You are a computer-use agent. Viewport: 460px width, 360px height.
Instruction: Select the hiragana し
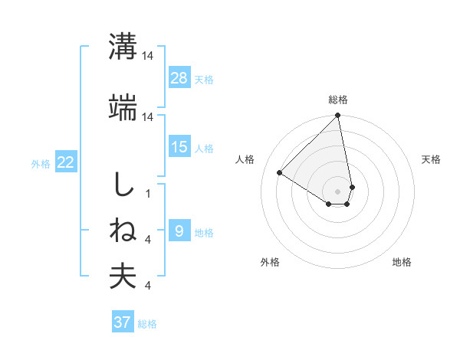click(x=122, y=186)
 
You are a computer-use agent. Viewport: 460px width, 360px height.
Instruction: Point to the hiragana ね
click(x=122, y=231)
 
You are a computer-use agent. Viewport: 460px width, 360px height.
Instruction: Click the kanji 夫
click(x=122, y=277)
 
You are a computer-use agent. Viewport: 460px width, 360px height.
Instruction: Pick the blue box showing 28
click(x=179, y=78)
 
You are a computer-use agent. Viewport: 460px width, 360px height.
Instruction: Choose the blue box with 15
click(x=179, y=147)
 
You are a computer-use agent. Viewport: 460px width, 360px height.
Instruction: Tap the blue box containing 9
click(x=179, y=231)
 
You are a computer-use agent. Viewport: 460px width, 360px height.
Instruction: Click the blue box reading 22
click(x=66, y=162)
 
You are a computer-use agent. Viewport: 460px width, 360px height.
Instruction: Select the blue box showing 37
click(x=123, y=322)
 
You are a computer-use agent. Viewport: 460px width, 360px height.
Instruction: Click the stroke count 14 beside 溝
click(x=148, y=55)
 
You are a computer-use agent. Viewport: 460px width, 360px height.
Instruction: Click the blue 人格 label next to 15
click(x=204, y=148)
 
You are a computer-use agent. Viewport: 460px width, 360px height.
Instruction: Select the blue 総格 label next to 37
click(x=147, y=323)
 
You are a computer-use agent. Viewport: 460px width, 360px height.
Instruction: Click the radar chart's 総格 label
click(x=338, y=100)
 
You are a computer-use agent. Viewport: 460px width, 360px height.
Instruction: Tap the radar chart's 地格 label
click(x=402, y=262)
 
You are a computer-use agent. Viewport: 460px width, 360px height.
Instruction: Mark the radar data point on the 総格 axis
click(x=338, y=116)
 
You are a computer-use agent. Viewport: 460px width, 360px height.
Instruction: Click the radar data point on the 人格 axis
click(x=280, y=173)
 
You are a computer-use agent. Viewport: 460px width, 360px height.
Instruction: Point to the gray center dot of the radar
click(x=338, y=191)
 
